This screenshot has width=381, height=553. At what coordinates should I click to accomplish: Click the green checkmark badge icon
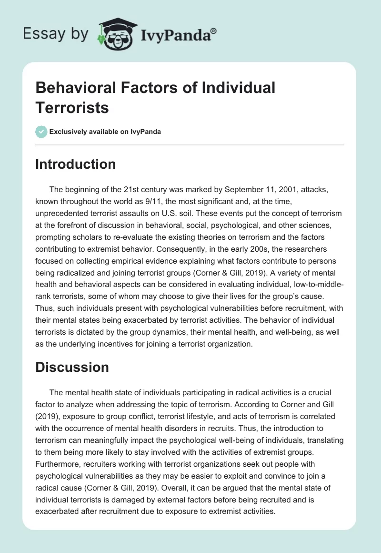point(41,132)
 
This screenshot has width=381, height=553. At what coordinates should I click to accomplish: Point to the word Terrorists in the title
point(72,107)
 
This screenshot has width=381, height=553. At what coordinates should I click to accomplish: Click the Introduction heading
point(76,164)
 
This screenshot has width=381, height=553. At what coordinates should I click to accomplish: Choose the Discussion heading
point(72,367)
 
